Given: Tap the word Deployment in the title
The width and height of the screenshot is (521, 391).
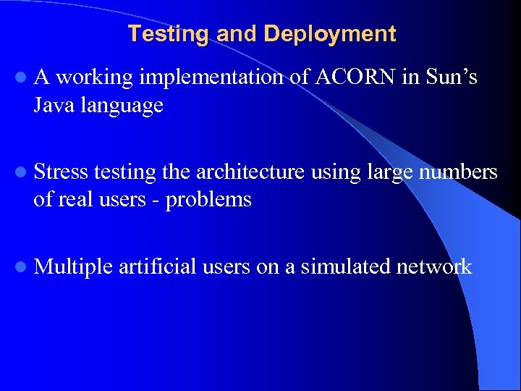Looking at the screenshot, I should click(x=330, y=34).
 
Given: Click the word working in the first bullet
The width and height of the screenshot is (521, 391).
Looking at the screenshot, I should click(x=95, y=77).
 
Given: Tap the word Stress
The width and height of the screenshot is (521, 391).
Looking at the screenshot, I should click(x=61, y=172).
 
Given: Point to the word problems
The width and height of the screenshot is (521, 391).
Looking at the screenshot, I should click(x=208, y=200).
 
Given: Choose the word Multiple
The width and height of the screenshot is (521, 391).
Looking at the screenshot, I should click(x=73, y=266).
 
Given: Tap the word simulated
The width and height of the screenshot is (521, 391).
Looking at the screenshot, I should click(x=346, y=266).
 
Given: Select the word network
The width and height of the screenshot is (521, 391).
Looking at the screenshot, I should click(x=434, y=266).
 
